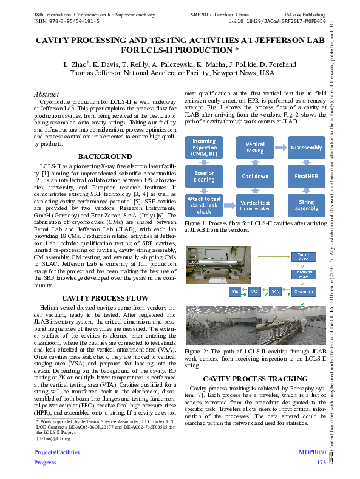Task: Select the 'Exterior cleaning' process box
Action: tap(203, 176)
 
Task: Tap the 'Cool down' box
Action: tap(255, 176)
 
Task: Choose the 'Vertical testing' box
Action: tap(255, 148)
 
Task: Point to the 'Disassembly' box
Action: tap(307, 148)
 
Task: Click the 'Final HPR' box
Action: tap(307, 177)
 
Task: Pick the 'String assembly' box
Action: tap(307, 205)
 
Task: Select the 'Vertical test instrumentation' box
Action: tap(255, 205)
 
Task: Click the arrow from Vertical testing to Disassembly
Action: tap(280, 148)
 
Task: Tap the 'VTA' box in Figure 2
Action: tap(234, 292)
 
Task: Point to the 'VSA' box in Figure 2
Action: tap(255, 292)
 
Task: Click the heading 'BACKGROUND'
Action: tap(105, 156)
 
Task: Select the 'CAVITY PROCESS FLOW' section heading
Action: tap(105, 298)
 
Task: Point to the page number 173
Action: tap(321, 463)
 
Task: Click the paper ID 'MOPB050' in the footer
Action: tap(313, 453)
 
